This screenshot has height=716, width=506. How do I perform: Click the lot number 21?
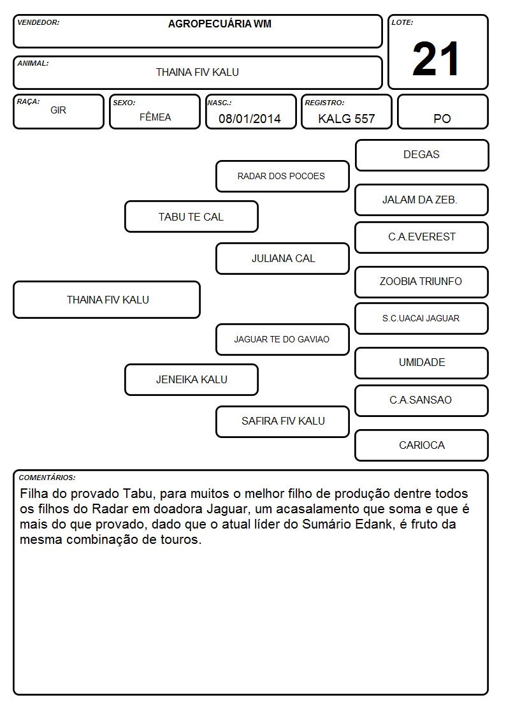(x=436, y=59)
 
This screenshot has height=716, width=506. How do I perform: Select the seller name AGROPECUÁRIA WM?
(x=219, y=24)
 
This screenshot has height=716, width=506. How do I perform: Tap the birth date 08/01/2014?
(x=250, y=119)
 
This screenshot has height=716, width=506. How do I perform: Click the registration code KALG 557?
(x=346, y=119)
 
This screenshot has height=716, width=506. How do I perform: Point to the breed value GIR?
(x=58, y=110)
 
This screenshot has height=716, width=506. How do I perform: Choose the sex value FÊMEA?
(x=155, y=117)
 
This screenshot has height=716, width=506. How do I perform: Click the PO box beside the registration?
(x=442, y=112)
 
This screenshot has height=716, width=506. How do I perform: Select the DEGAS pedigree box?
(x=422, y=156)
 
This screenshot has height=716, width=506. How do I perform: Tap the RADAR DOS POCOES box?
(x=282, y=176)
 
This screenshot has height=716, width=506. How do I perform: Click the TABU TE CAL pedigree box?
(x=191, y=216)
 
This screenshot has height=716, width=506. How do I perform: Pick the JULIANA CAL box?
(x=282, y=258)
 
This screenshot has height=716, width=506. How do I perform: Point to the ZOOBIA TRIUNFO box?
(x=422, y=282)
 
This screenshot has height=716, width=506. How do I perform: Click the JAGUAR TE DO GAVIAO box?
(x=282, y=339)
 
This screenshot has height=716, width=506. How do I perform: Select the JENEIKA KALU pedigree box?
(x=191, y=379)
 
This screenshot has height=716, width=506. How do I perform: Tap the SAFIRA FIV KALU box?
(x=282, y=421)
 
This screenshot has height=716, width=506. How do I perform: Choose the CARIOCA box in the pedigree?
(x=422, y=445)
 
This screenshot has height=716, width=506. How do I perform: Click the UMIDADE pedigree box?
(x=422, y=363)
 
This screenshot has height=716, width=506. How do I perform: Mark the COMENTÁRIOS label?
(x=47, y=478)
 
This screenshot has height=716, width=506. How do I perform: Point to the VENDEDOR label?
(x=38, y=22)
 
